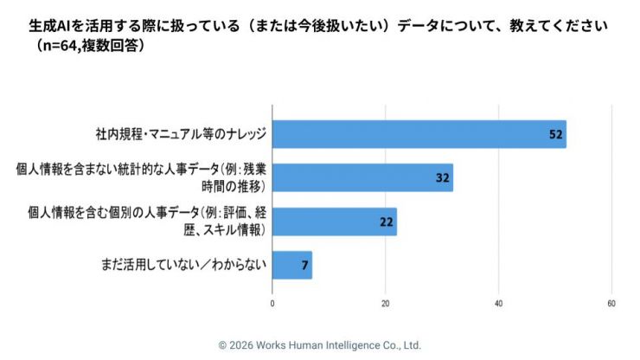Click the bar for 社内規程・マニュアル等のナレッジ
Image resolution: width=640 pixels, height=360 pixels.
419,134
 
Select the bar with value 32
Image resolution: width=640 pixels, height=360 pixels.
362,177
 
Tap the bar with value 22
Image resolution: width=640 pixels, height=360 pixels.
334,222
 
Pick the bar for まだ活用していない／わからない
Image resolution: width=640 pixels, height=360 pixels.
291,265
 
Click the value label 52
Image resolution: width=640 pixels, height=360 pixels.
555,134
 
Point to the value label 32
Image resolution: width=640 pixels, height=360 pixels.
442,177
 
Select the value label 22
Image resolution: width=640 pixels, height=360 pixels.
386,222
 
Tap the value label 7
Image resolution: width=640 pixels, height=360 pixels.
304,265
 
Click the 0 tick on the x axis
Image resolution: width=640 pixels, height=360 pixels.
272,303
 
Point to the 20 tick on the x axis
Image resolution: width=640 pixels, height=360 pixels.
386,303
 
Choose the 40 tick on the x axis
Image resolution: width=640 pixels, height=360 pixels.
499,303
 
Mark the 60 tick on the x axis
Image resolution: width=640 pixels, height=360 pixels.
611,303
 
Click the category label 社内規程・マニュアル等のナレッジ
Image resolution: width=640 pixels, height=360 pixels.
180,134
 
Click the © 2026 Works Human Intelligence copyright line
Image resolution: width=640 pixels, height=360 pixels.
319,344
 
